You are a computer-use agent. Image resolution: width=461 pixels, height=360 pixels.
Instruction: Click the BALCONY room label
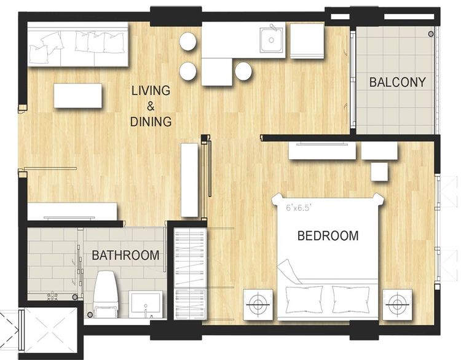pyautogui.click(x=398, y=82)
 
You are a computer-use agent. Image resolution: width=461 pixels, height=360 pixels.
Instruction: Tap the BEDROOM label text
pyautogui.click(x=328, y=236)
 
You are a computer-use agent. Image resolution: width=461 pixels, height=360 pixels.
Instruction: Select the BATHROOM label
pyautogui.click(x=125, y=255)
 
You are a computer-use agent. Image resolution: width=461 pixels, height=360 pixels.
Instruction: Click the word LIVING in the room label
pyautogui.click(x=151, y=90)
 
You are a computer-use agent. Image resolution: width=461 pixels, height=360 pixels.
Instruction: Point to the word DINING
pyautogui.click(x=151, y=122)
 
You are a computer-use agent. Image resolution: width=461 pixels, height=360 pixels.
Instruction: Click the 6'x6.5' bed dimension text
pyautogui.click(x=298, y=208)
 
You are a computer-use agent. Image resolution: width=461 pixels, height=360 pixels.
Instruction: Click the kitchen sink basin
pyautogui.click(x=271, y=39)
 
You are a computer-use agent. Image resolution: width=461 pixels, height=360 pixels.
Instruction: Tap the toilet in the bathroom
pyautogui.click(x=106, y=294)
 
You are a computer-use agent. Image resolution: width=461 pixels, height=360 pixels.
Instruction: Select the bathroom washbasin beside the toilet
pyautogui.click(x=146, y=303)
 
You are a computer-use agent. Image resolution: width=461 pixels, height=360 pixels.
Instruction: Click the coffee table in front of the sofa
pyautogui.click(x=78, y=96)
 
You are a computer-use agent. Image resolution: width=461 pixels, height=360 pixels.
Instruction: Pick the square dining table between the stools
pyautogui.click(x=217, y=72)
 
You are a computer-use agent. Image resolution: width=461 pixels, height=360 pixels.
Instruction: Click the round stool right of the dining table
pyautogui.click(x=243, y=71)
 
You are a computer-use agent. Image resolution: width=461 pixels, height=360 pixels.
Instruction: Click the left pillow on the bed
pyautogui.click(x=304, y=299)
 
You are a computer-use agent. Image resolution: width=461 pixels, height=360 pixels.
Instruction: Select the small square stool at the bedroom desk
pyautogui.click(x=380, y=172)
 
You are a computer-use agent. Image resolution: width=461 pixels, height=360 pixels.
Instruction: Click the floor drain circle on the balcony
pyautogui.click(x=431, y=34)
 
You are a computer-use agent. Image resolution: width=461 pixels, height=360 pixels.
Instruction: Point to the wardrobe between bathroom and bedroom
pyautogui.click(x=190, y=273)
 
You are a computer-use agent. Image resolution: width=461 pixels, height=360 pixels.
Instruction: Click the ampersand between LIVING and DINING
pyautogui.click(x=151, y=106)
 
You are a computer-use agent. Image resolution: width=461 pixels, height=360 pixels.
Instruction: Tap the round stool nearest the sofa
pyautogui.click(x=187, y=41)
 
